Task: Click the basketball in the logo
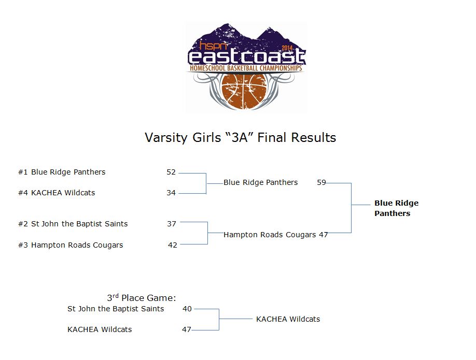[244, 91]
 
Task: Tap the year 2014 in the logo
[287, 48]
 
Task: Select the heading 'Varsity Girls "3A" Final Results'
[241, 137]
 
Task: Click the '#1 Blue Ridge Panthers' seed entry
[62, 172]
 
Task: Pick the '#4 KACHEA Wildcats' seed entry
[57, 193]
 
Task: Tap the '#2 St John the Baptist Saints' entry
[73, 224]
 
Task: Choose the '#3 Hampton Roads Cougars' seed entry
[71, 245]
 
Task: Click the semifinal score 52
[171, 172]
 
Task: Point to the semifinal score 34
[171, 193]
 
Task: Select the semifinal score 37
[172, 224]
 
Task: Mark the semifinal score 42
[173, 245]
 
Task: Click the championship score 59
[321, 182]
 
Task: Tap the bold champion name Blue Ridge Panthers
[397, 208]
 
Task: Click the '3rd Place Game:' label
[142, 297]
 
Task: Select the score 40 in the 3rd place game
[187, 309]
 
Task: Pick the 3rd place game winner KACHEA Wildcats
[288, 319]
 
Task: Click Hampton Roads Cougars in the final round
[270, 235]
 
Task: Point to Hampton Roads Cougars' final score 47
[324, 235]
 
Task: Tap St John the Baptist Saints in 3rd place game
[116, 309]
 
